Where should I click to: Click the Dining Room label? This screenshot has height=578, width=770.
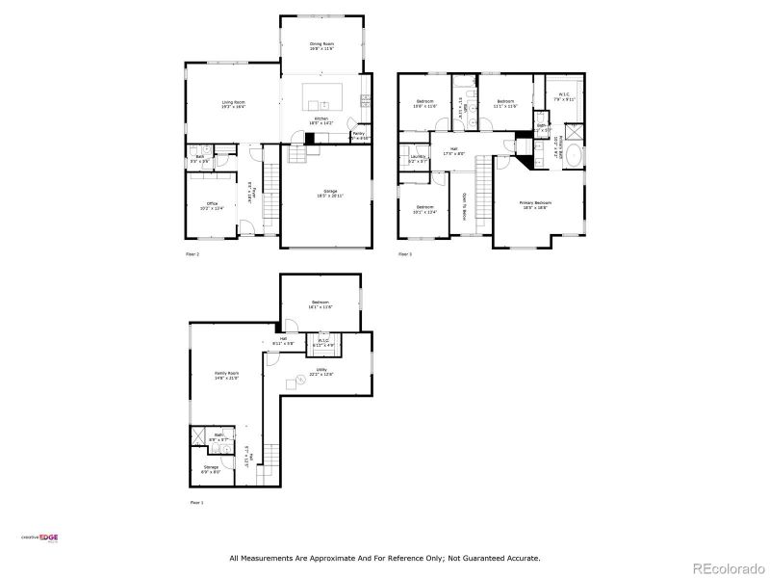pyautogui.click(x=321, y=45)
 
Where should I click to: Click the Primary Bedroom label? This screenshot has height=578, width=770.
pyautogui.click(x=536, y=204)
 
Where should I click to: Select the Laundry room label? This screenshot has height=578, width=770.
pyautogui.click(x=418, y=158)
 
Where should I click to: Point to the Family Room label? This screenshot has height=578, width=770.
pyautogui.click(x=227, y=375)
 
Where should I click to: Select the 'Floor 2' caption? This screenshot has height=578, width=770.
pyautogui.click(x=192, y=254)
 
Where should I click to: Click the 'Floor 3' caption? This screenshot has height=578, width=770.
pyautogui.click(x=404, y=254)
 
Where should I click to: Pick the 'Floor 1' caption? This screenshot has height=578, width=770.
pyautogui.click(x=196, y=503)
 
